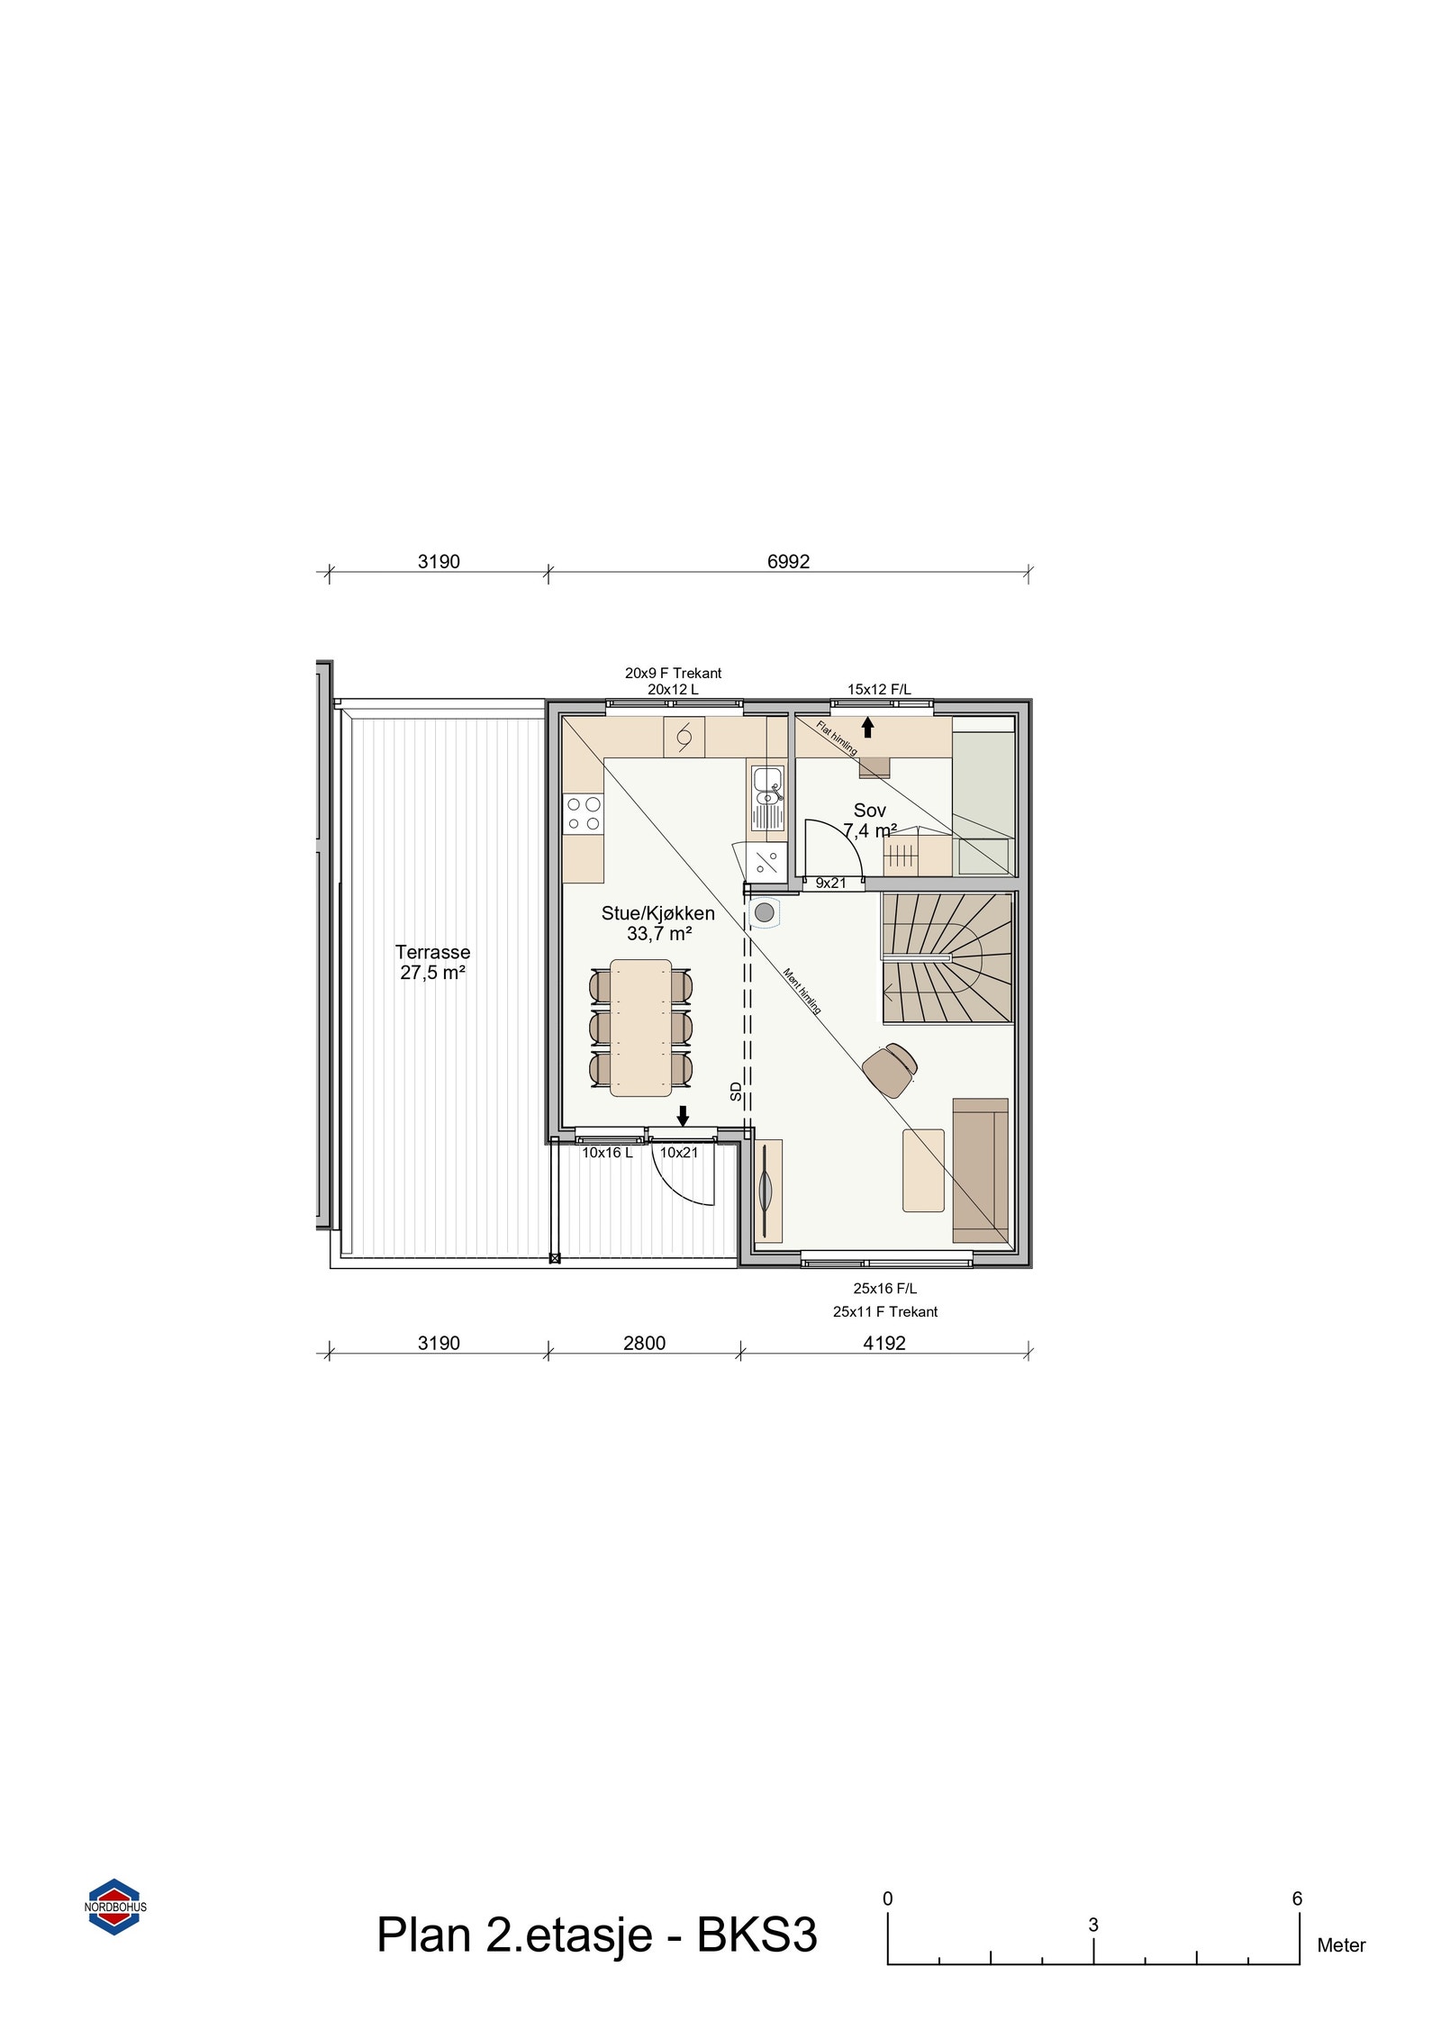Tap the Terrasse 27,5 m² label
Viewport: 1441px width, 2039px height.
tap(432, 962)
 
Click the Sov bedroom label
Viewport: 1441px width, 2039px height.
tap(869, 811)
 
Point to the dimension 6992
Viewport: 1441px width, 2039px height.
tap(788, 561)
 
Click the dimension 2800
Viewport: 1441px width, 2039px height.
tap(644, 1343)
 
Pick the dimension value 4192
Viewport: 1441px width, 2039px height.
tap(884, 1343)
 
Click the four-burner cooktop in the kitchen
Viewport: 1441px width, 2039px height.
tap(583, 814)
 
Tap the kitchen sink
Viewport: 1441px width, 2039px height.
tap(767, 796)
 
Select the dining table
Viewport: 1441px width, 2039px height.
tap(640, 1028)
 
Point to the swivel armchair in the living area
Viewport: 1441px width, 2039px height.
tap(890, 1069)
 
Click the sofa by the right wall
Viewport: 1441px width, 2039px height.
tap(980, 1170)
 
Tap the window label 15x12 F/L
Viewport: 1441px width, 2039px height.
tap(878, 689)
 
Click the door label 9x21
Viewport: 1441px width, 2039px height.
tap(830, 883)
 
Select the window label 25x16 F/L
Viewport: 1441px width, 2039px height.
tap(884, 1289)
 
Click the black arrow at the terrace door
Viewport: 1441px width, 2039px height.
tap(683, 1116)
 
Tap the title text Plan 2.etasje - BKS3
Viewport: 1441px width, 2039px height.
tap(596, 1935)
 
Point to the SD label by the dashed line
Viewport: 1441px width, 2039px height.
tap(736, 1092)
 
